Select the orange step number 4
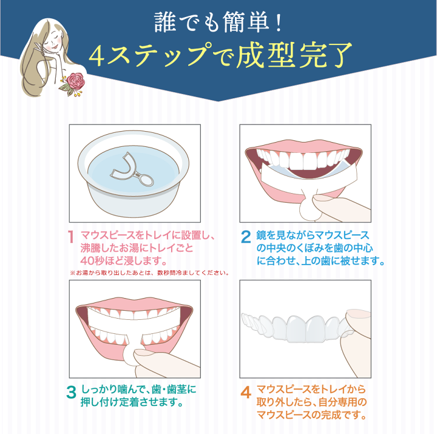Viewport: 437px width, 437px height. point(246,392)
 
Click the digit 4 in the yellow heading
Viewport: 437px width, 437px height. point(98,56)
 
